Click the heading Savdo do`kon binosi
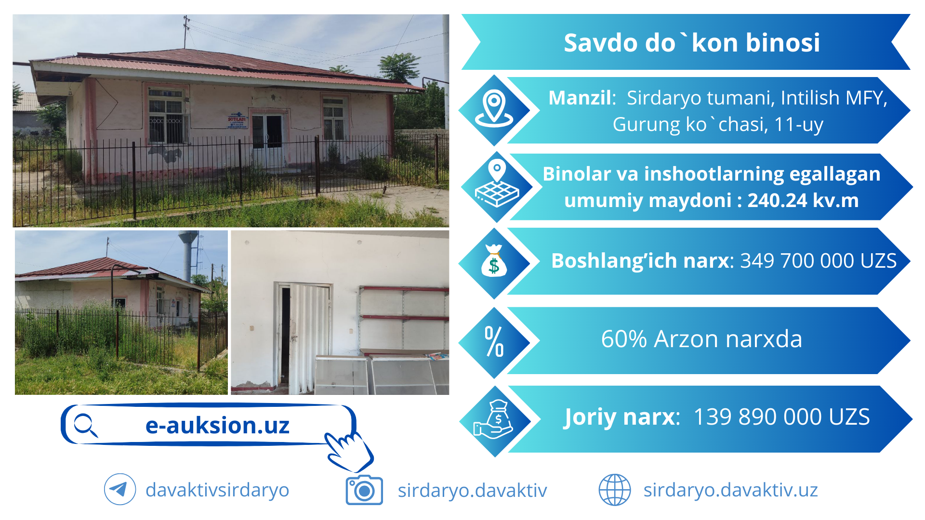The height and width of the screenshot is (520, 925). (692, 42)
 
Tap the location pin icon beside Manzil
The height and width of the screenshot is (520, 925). (494, 108)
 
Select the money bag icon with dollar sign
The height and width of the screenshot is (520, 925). (494, 260)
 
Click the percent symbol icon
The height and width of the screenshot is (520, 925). (494, 341)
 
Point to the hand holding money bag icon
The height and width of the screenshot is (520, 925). (493, 419)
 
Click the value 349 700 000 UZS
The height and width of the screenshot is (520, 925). (819, 260)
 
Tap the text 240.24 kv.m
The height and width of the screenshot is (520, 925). (803, 200)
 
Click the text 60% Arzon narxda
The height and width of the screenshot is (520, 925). (701, 339)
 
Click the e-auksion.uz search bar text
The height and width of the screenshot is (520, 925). (217, 425)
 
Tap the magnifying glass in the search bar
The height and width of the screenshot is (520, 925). (86, 425)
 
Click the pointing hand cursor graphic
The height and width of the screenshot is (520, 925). (349, 451)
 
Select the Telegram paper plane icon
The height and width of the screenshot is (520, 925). (119, 489)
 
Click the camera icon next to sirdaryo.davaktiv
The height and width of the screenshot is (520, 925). (364, 490)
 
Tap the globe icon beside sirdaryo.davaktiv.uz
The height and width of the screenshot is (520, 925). (614, 490)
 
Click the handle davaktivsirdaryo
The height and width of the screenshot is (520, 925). (217, 490)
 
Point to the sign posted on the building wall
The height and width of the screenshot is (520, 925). (237, 121)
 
